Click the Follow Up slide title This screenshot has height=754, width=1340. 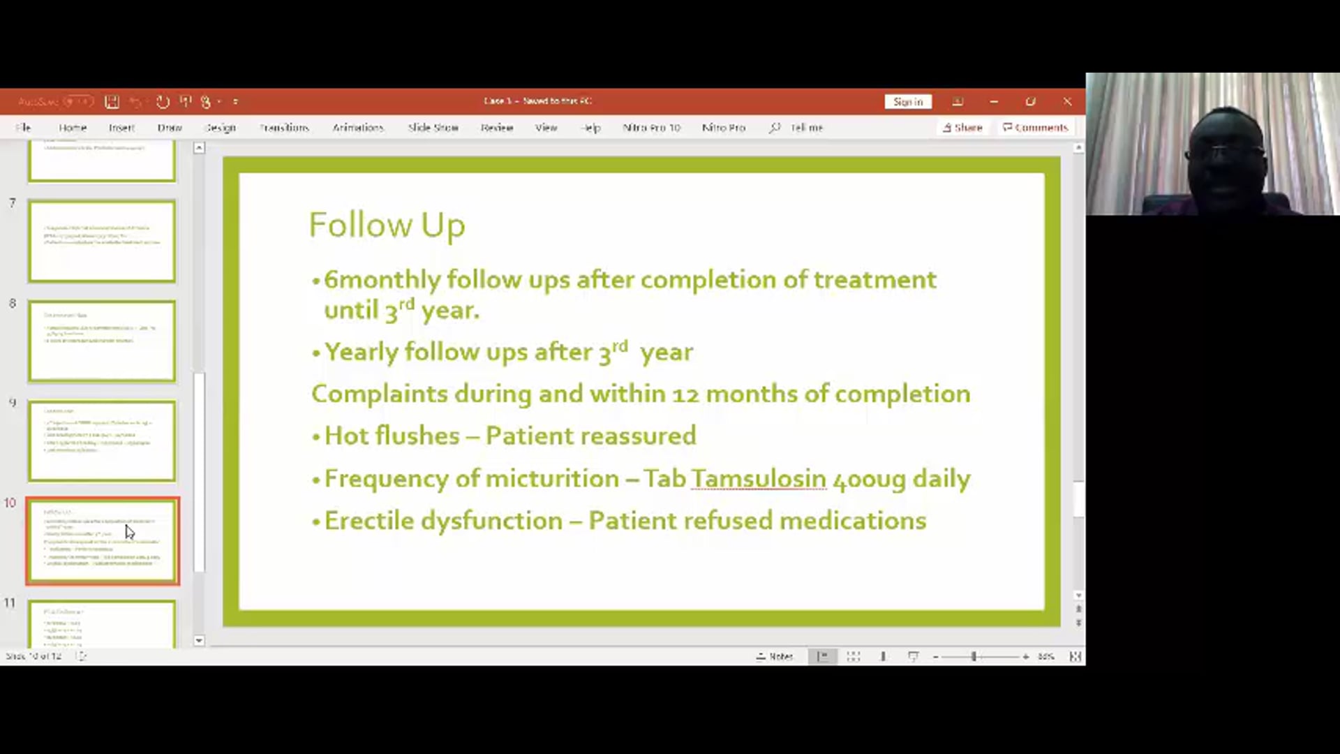point(387,226)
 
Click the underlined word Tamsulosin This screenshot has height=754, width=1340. point(758,479)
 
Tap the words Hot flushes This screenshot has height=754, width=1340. point(392,436)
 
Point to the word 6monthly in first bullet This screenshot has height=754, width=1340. point(382,280)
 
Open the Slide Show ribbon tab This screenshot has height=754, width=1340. point(433,128)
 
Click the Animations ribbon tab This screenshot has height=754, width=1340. point(357,128)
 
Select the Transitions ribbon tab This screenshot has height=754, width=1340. point(283,128)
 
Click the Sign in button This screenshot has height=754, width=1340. point(907,102)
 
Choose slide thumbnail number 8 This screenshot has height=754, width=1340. point(102,341)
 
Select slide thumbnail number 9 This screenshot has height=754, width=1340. point(102,441)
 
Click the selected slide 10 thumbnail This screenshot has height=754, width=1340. point(102,541)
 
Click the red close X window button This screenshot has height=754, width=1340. point(1067,102)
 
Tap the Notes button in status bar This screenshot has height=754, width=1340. point(775,656)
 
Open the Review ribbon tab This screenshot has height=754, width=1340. point(496,128)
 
